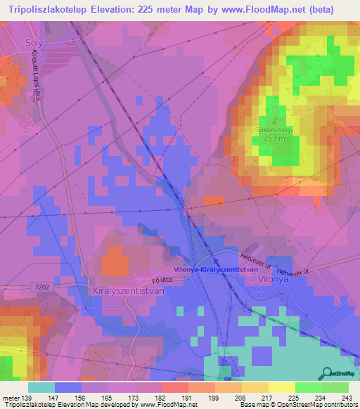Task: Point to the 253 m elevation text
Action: pos(273,139)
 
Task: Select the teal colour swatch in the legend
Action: pos(41,387)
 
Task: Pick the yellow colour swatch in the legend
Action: pos(281,387)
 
